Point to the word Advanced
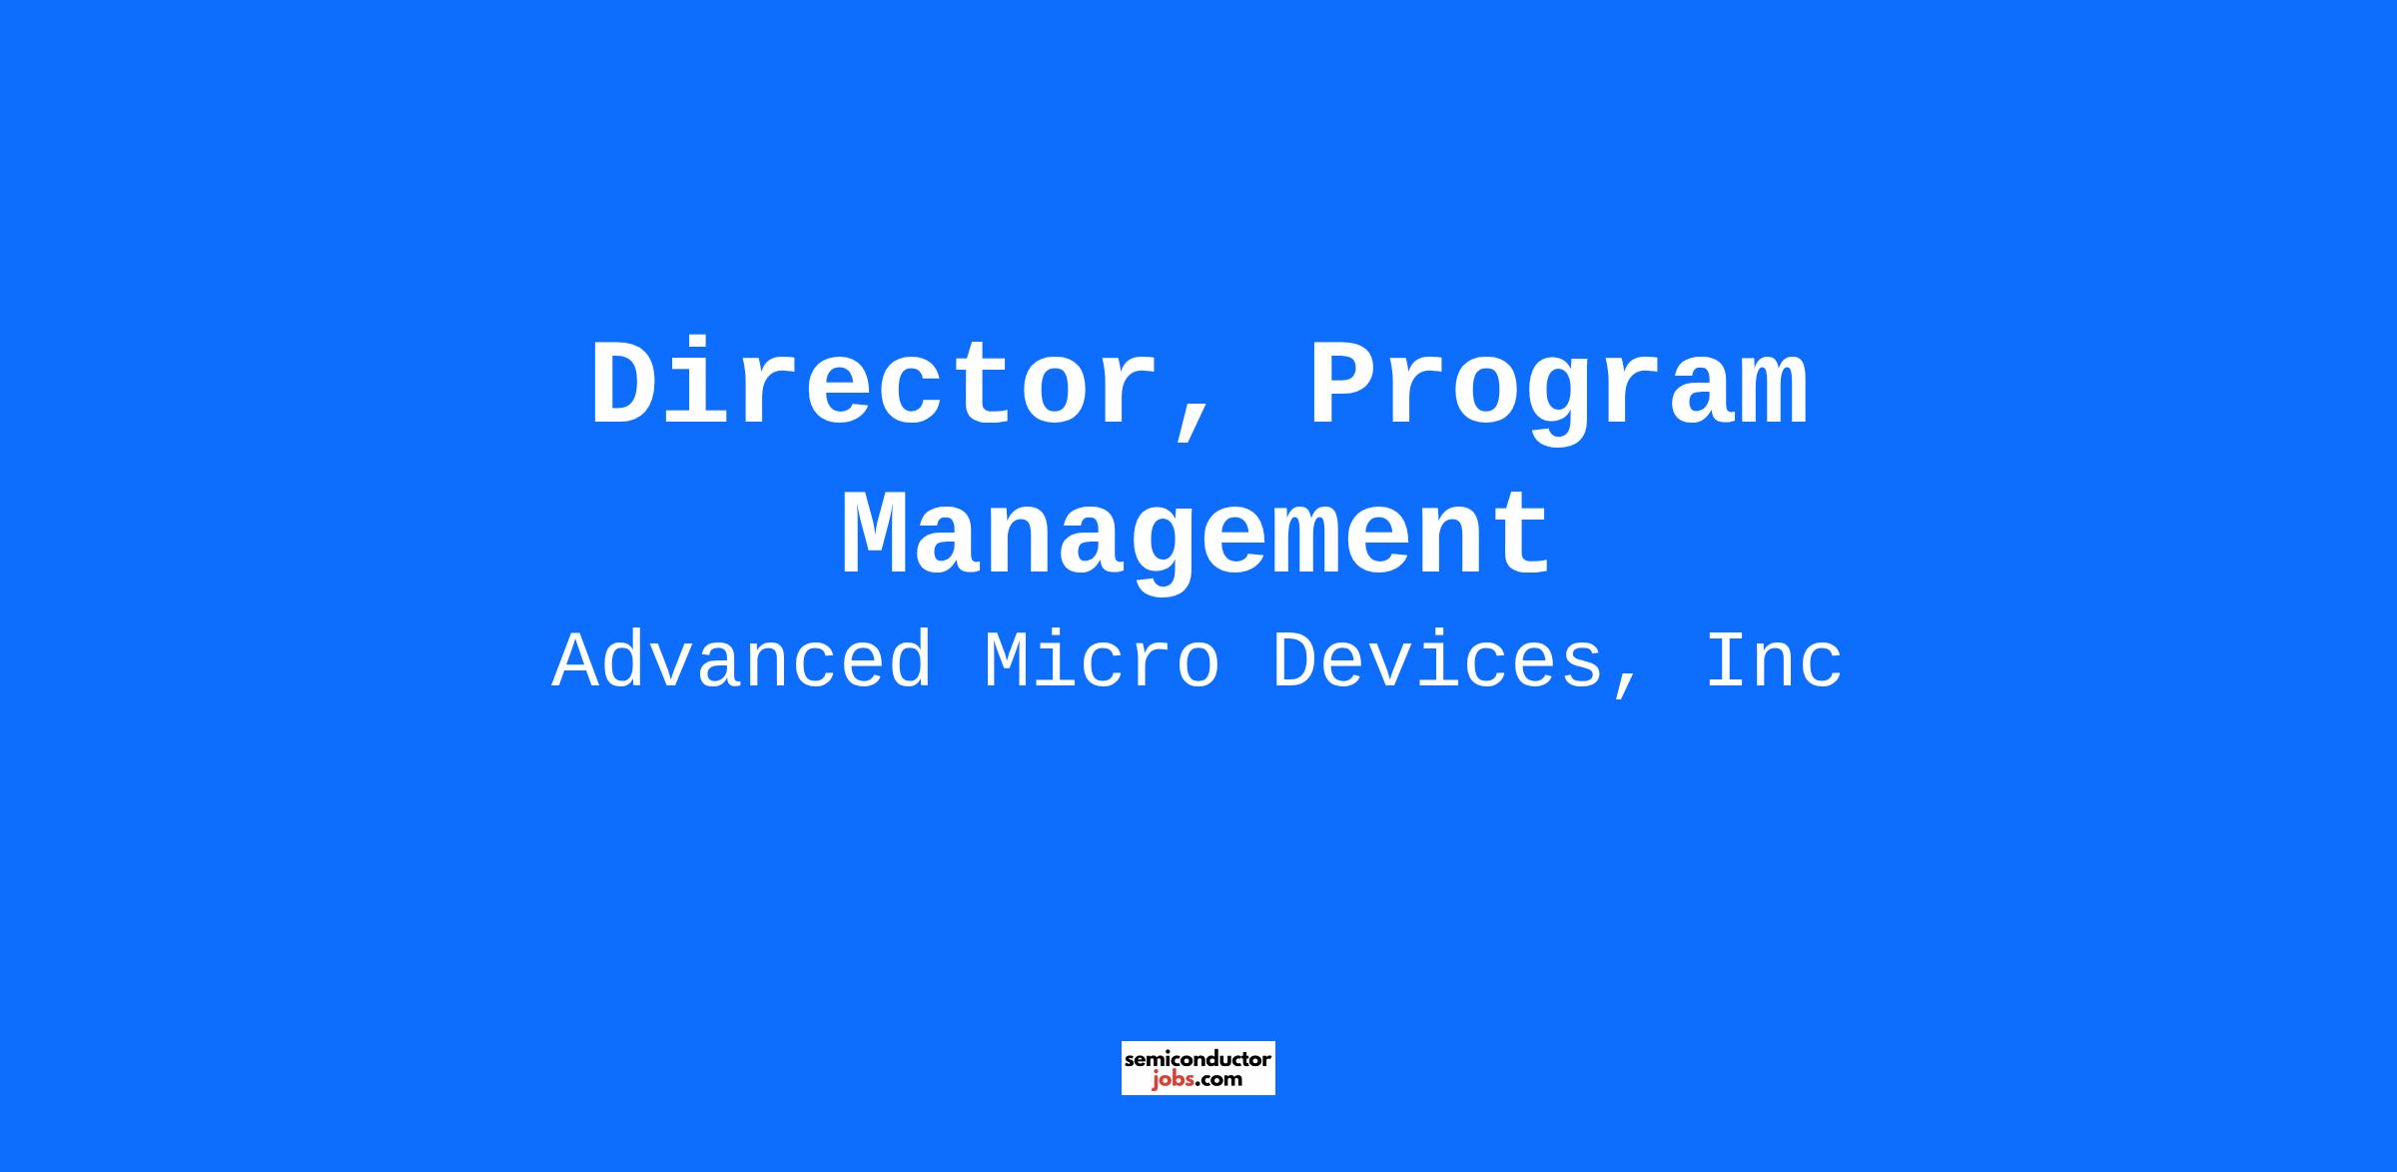click(742, 661)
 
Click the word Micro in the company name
click(1102, 661)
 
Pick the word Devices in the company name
click(1437, 661)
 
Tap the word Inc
click(1774, 661)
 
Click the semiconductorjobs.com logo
click(1198, 1068)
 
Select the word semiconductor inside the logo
click(1198, 1059)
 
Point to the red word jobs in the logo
click(1174, 1079)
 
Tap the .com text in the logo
click(1219, 1080)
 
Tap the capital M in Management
click(878, 536)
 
